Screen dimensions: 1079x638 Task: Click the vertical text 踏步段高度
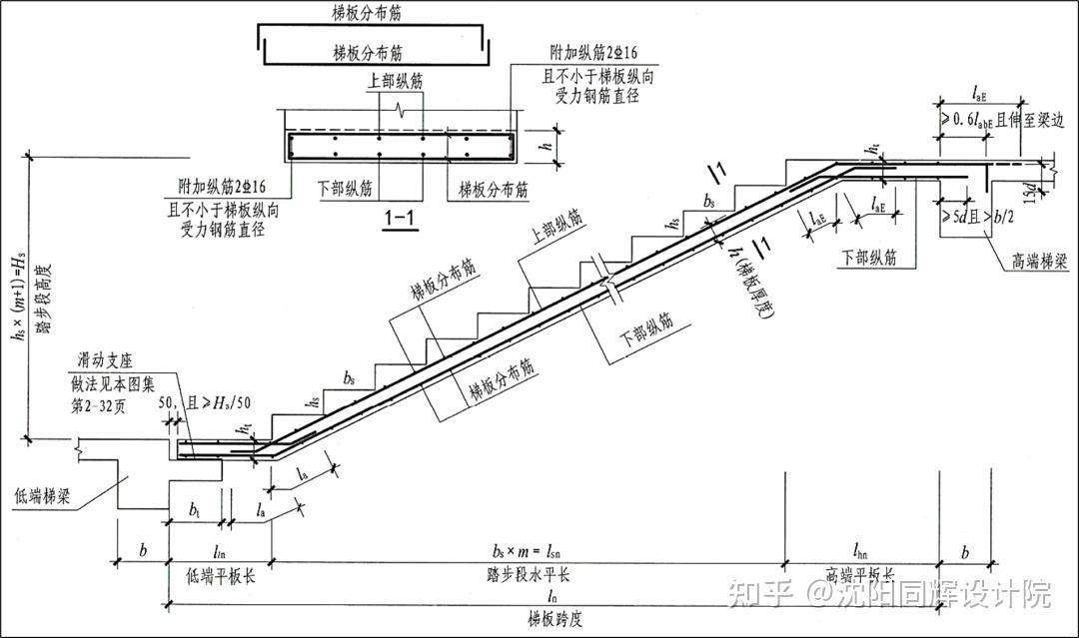pos(40,298)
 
